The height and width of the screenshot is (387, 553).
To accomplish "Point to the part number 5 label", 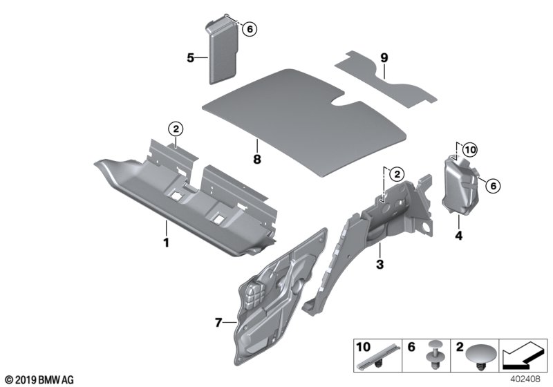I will tap(190, 58).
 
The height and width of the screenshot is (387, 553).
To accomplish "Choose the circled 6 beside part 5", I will tap(250, 28).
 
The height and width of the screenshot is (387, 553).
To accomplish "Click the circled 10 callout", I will tap(469, 149).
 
